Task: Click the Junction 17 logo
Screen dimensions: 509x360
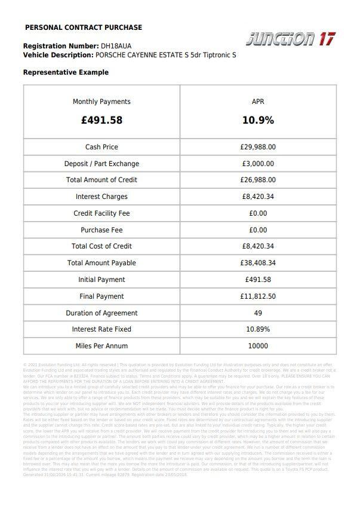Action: (290, 39)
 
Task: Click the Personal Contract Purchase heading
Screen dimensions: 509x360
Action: (84, 27)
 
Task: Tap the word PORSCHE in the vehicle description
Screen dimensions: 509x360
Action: (111, 55)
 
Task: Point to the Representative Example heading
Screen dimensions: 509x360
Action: (66, 72)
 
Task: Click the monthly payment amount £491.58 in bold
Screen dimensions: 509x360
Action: (101, 120)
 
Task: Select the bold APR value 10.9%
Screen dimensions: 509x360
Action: (258, 120)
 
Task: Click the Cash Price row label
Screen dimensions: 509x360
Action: (101, 147)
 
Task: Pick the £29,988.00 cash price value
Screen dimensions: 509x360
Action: (258, 147)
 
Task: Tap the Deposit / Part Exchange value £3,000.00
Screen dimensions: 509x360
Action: (258, 164)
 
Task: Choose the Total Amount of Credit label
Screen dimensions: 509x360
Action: (101, 180)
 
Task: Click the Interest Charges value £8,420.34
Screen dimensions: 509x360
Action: (258, 197)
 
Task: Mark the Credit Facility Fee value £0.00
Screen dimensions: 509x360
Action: (258, 213)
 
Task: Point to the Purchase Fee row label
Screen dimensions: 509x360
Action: (101, 230)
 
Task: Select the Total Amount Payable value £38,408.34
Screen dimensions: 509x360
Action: (258, 263)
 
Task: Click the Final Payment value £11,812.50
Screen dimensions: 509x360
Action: (258, 296)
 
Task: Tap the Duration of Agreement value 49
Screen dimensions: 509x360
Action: (258, 313)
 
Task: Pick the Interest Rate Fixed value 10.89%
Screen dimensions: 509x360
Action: (258, 329)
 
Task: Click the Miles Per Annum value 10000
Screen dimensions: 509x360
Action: (258, 346)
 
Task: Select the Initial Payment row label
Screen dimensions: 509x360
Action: (101, 280)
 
